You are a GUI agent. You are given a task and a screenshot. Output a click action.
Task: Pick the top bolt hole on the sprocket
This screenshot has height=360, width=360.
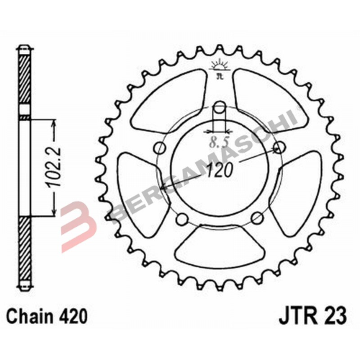click(219, 110)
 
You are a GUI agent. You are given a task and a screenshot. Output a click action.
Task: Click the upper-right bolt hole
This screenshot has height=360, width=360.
click(279, 150)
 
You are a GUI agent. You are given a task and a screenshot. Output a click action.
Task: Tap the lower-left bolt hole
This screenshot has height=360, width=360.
click(182, 219)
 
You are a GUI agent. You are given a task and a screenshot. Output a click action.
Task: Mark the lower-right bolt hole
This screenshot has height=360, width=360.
click(256, 219)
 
